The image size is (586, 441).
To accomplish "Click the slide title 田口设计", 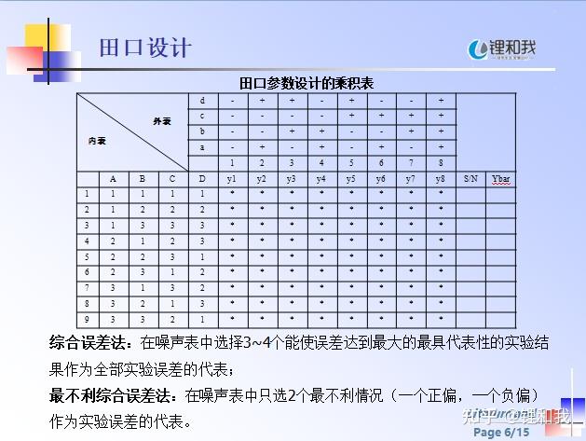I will click(x=145, y=47).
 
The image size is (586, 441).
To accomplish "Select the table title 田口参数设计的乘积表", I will click(x=307, y=83).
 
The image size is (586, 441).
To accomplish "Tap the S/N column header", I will click(x=470, y=178).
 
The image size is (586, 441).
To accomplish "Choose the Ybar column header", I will click(x=502, y=178).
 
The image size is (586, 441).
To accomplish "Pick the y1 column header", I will click(x=232, y=178).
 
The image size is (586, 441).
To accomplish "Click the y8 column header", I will click(x=441, y=178).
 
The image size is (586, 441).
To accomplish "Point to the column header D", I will click(x=202, y=178).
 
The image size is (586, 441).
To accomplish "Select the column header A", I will click(x=113, y=178).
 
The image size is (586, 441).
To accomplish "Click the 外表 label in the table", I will click(x=162, y=122).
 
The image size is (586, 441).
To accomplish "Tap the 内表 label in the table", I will click(x=97, y=141).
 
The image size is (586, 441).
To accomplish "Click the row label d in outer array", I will click(x=202, y=100).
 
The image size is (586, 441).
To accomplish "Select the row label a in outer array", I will click(x=202, y=147).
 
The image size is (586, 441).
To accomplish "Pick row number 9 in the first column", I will click(x=88, y=319).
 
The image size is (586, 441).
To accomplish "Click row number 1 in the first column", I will click(x=88, y=194).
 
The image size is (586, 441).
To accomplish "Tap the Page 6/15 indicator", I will click(x=501, y=433).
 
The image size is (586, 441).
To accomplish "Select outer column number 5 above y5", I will click(x=351, y=162).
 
